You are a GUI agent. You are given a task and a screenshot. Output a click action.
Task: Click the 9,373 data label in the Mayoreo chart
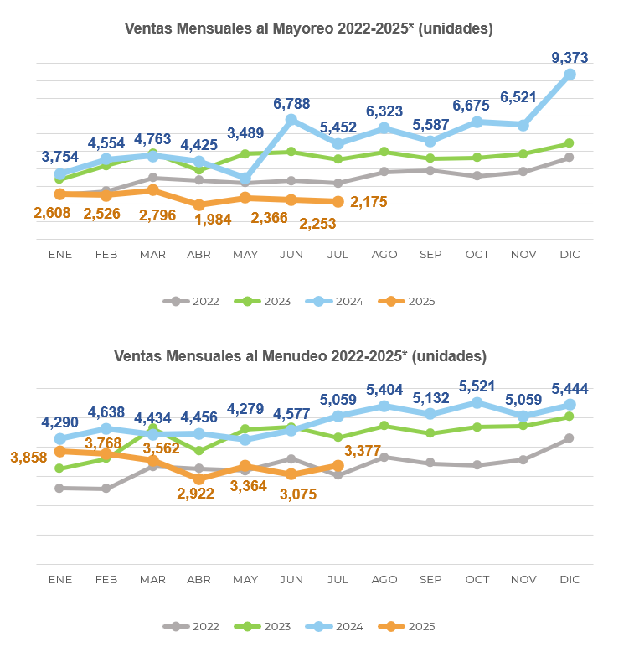point(570,58)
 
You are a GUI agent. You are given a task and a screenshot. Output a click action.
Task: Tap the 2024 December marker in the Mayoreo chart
point(570,75)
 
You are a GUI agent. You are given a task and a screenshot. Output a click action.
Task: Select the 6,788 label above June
point(291,104)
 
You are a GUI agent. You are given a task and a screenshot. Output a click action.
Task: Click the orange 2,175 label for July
point(369,202)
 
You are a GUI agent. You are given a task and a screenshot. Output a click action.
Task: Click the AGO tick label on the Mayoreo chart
point(384,254)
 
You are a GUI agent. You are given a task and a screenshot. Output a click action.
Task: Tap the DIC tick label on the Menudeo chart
point(570,579)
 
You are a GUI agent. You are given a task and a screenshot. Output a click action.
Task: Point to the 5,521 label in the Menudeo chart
point(477,386)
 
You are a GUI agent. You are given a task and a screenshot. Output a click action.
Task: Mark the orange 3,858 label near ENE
point(29,458)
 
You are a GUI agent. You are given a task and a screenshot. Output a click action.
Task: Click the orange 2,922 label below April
point(196,493)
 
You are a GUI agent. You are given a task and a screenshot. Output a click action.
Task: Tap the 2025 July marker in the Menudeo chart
point(338,465)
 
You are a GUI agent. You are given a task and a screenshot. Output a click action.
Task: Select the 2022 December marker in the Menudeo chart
point(570,438)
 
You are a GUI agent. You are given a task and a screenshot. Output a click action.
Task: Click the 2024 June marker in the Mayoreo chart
point(291,120)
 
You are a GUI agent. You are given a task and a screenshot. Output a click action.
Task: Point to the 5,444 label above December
point(570,389)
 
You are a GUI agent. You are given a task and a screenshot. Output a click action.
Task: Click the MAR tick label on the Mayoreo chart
point(152,254)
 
